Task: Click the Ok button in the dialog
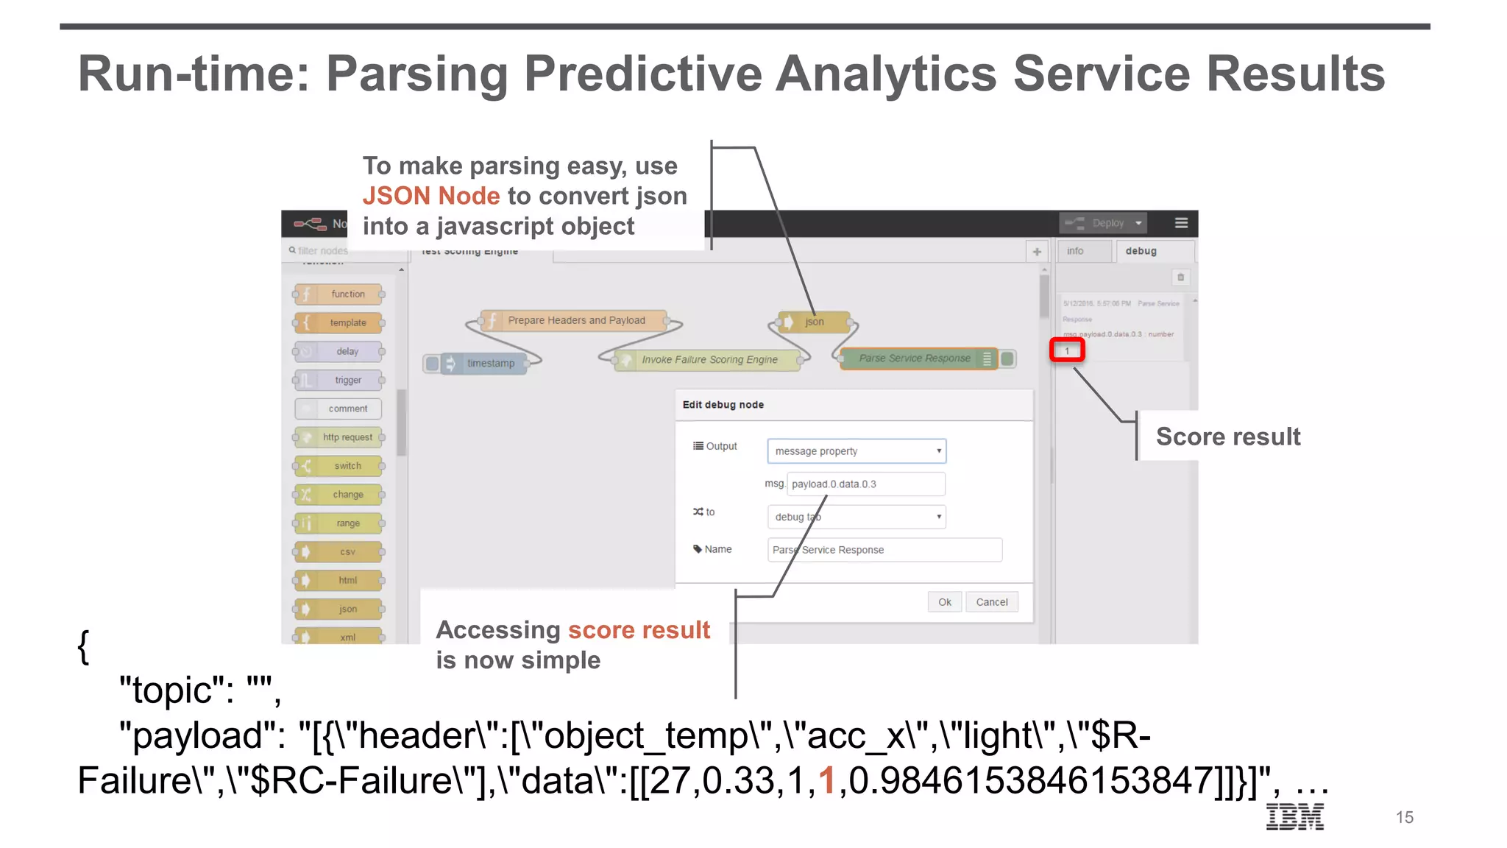click(x=944, y=602)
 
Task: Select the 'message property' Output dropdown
click(x=857, y=451)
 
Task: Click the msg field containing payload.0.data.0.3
click(x=865, y=484)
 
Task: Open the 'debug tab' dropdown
click(x=857, y=517)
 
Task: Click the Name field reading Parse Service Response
click(x=884, y=550)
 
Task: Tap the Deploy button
click(x=1102, y=223)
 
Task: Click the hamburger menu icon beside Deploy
click(x=1181, y=223)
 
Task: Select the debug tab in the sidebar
click(x=1141, y=251)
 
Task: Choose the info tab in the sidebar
click(x=1075, y=251)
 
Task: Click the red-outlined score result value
click(x=1067, y=350)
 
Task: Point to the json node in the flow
click(x=814, y=322)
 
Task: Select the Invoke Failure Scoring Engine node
click(x=709, y=359)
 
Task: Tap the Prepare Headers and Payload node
click(x=575, y=320)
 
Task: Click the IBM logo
click(x=1294, y=816)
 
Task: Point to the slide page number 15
click(x=1404, y=817)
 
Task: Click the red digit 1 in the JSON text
click(x=827, y=780)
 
